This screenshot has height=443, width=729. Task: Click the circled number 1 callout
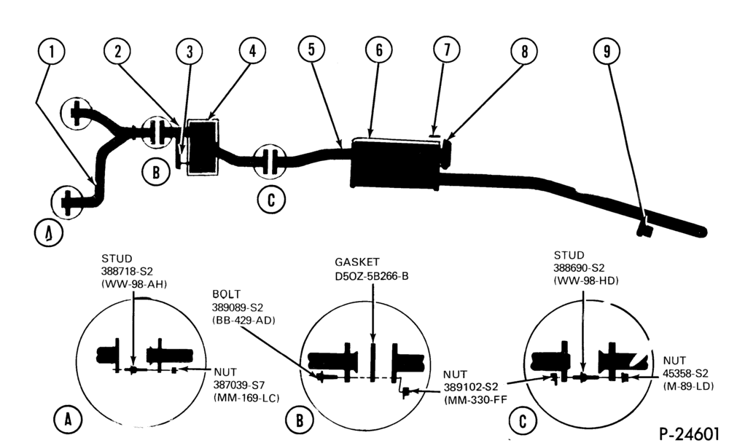pos(52,51)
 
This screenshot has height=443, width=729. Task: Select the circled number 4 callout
pos(252,51)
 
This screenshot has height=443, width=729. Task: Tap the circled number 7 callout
pos(447,50)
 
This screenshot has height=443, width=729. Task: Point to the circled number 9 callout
pos(607,51)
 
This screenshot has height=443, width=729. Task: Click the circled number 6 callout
pos(379,50)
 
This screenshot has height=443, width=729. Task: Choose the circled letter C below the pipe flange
pos(271,200)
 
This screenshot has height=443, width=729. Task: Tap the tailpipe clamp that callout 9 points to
pos(645,228)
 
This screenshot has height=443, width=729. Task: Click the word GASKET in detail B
pos(357,262)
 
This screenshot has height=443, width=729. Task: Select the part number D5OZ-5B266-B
pos(372,276)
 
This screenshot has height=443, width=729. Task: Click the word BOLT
pos(227,294)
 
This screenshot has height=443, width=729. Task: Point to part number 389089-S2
pos(238,307)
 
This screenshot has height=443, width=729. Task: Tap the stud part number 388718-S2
pos(127,271)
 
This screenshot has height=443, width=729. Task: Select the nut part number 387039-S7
pos(239,385)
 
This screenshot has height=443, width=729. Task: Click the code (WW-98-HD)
pos(586,281)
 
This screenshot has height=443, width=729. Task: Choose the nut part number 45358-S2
pos(686,373)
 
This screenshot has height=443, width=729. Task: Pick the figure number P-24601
pos(689,434)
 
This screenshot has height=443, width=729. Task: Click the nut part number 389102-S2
pos(470,387)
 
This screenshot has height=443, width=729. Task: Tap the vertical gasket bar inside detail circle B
pos(373,363)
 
